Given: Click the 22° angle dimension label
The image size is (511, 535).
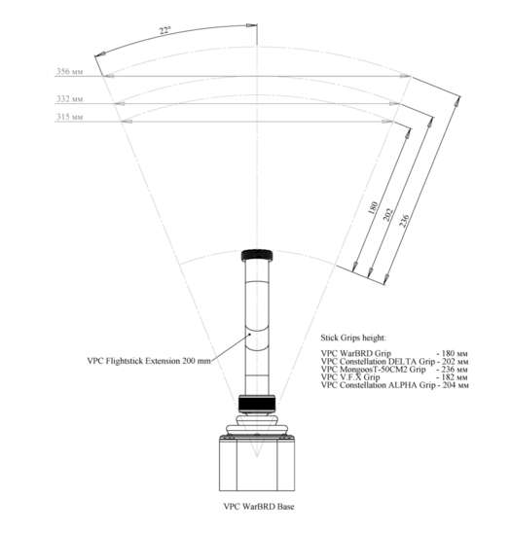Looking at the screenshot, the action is coord(164,30).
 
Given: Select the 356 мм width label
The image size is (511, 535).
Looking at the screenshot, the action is coord(70,71).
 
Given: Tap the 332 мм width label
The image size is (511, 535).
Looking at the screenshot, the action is coord(70,98).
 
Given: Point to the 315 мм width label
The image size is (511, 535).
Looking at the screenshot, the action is coord(70,117).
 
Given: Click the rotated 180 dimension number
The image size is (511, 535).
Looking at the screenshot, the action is coord(373,207).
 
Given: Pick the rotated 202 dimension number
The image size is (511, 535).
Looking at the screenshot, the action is coord(388,215).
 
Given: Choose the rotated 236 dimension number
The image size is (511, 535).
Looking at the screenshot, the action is coord(404,221).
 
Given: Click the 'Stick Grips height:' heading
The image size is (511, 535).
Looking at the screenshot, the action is coord(353,338).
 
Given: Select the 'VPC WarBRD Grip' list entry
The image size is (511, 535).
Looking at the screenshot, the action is coord(356,353).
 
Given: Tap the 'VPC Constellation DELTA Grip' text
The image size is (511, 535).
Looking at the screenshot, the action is coord(378,361).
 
